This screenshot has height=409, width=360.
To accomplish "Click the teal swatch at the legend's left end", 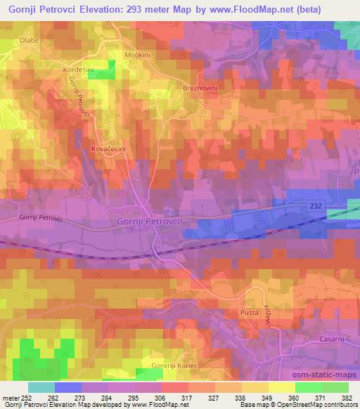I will point(41,387).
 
